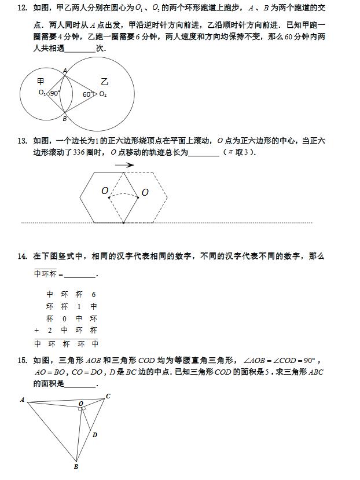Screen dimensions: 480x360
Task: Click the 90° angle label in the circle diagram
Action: coord(55,93)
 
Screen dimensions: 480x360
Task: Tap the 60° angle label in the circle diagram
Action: coord(87,94)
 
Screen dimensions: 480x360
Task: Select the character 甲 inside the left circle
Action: coord(41,82)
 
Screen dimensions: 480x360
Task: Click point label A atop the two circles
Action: coord(64,71)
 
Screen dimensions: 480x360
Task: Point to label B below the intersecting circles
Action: coord(64,119)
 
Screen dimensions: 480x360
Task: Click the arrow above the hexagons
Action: coord(124,165)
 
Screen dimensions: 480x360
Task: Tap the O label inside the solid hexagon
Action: coord(105,190)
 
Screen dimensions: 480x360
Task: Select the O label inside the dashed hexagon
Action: coord(145,192)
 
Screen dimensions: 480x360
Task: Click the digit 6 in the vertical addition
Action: coord(94,294)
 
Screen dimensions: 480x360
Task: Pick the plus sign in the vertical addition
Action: coord(36,331)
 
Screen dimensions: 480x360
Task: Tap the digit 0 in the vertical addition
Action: coord(64,318)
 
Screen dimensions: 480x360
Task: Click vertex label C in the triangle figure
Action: coord(108,397)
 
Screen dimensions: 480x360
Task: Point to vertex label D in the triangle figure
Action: coord(95,435)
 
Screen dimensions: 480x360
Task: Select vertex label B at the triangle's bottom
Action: coord(76,466)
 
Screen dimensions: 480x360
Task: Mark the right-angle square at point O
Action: coord(83,409)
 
